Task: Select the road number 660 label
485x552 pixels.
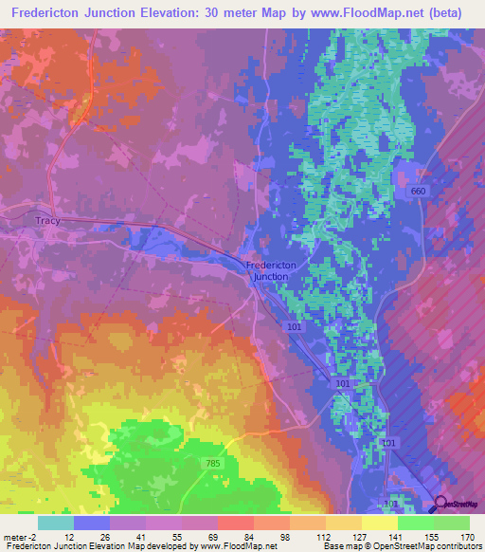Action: pos(418,192)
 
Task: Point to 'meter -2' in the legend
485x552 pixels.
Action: pos(18,536)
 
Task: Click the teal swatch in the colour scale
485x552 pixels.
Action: pos(56,523)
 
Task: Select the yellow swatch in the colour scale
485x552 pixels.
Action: pos(380,523)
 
